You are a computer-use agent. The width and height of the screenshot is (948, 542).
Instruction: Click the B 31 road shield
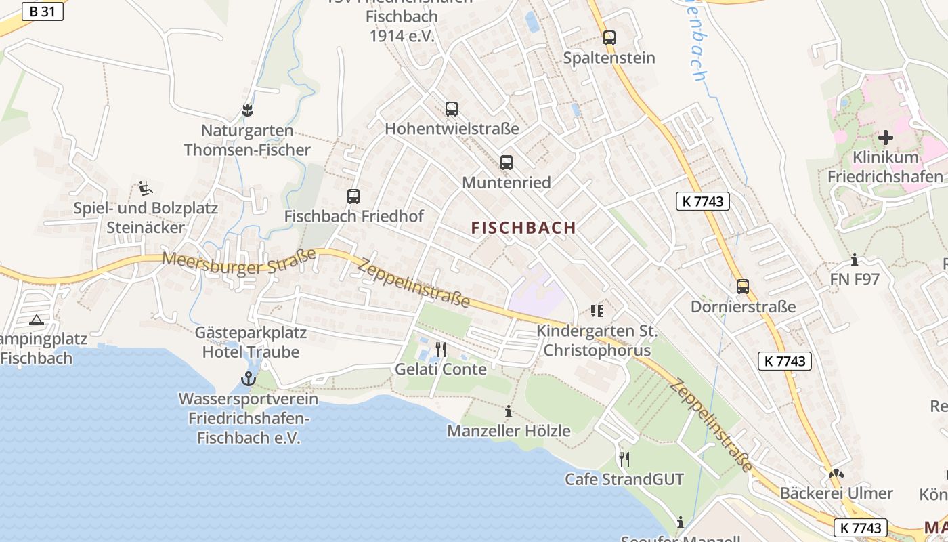[x=43, y=12]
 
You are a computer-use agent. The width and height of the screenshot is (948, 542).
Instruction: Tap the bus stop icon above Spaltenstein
[x=609, y=38]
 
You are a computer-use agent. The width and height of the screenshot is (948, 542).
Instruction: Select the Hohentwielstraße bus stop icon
[x=452, y=108]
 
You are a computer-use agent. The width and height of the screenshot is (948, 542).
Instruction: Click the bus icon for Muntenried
[x=507, y=163]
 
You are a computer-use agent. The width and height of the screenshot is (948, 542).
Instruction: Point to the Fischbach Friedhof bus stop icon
[x=353, y=196]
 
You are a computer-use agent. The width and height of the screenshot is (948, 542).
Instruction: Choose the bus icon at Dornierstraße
[x=743, y=287]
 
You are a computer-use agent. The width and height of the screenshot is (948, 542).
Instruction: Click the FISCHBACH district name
[x=523, y=228]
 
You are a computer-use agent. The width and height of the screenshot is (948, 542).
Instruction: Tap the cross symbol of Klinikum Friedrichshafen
[x=885, y=138]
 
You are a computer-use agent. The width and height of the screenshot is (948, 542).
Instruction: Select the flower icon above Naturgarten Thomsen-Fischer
[x=248, y=110]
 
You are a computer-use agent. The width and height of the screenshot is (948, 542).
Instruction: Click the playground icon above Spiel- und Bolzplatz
[x=145, y=188]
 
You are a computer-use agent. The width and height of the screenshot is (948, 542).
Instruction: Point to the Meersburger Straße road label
[x=240, y=262]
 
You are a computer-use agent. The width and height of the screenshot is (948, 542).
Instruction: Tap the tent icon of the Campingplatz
[x=37, y=320]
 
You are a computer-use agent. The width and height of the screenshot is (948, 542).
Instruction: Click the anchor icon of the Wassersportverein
[x=248, y=379]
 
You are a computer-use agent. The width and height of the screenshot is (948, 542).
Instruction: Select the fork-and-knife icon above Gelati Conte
[x=441, y=350]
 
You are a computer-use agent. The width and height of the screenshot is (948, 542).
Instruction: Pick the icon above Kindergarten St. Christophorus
[x=597, y=311]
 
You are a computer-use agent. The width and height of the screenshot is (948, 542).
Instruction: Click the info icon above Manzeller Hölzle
[x=509, y=411]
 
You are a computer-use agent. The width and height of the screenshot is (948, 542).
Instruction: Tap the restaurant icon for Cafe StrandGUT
[x=624, y=459]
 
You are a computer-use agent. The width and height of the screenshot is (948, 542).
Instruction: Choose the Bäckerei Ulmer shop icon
[x=836, y=474]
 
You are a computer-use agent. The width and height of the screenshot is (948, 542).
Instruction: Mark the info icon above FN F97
[x=855, y=259]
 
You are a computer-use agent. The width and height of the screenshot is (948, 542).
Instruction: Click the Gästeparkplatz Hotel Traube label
[x=251, y=342]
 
